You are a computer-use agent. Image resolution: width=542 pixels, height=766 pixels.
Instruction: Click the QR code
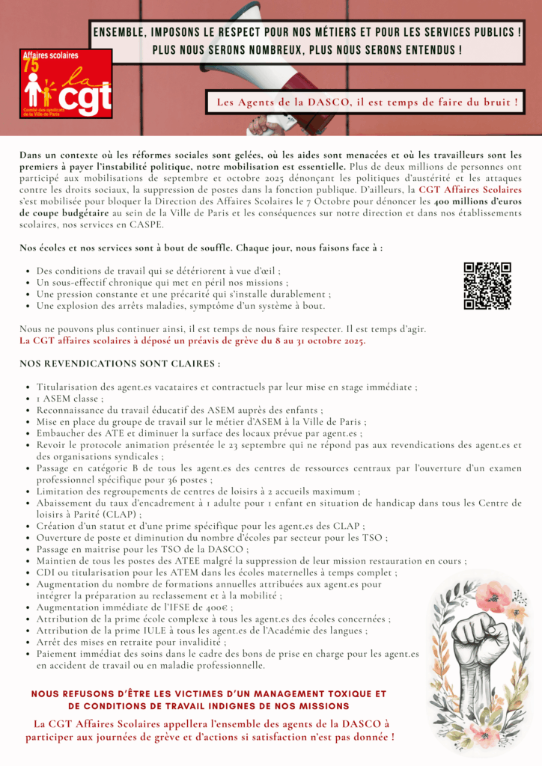coord(487,285)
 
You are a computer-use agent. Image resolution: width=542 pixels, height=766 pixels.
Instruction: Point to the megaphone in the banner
coord(247,82)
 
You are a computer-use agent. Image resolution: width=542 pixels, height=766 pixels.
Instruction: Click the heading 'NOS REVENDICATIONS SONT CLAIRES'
coord(120,364)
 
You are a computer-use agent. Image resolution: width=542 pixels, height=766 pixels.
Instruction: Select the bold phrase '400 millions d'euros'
coord(486,202)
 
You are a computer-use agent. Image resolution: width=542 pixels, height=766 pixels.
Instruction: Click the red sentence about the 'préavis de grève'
coord(193,341)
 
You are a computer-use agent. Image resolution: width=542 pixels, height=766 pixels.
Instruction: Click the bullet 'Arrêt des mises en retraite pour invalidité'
coord(131,642)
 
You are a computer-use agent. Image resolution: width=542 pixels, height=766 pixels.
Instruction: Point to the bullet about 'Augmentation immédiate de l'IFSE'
coord(135,607)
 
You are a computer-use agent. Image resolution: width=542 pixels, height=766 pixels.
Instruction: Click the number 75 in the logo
coord(31,65)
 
